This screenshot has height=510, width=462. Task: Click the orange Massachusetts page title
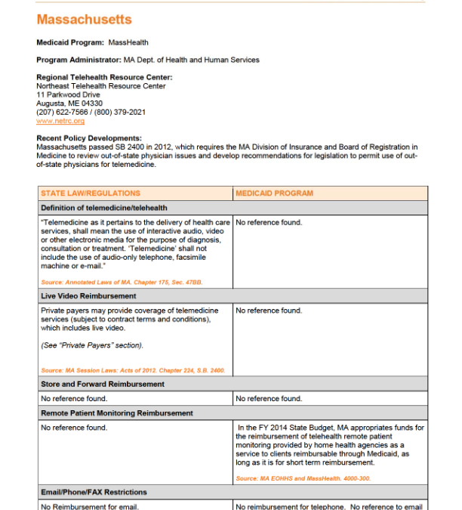[x=84, y=20]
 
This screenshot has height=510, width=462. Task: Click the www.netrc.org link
[x=60, y=121]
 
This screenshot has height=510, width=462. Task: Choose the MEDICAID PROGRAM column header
[x=274, y=194]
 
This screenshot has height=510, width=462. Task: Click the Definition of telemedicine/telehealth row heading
[x=104, y=208]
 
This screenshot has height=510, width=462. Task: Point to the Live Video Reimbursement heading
[x=88, y=296]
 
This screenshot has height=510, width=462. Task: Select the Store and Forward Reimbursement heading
[x=103, y=385]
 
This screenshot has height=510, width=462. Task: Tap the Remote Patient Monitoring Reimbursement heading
[x=117, y=413]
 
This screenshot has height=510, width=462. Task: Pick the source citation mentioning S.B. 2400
[x=133, y=371]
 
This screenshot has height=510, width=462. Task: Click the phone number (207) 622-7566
[x=63, y=113]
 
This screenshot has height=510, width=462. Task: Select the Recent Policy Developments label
[x=89, y=138]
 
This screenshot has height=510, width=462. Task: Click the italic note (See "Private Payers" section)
[x=91, y=345]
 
